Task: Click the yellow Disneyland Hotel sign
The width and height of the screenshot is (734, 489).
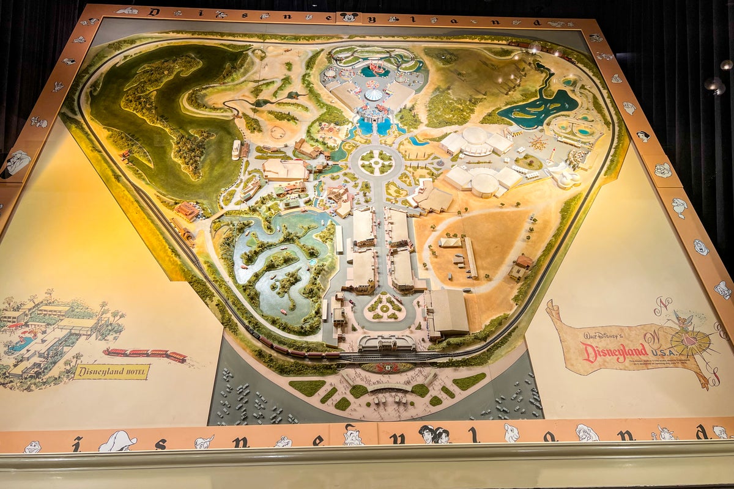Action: pyautogui.click(x=111, y=372)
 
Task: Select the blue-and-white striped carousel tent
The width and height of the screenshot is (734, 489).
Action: pyautogui.click(x=374, y=95)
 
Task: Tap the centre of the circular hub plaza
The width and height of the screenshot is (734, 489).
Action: pyautogui.click(x=376, y=163)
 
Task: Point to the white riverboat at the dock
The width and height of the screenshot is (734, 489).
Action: pyautogui.click(x=237, y=149)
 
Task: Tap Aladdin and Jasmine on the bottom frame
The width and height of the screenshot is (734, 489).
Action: pyautogui.click(x=434, y=435)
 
